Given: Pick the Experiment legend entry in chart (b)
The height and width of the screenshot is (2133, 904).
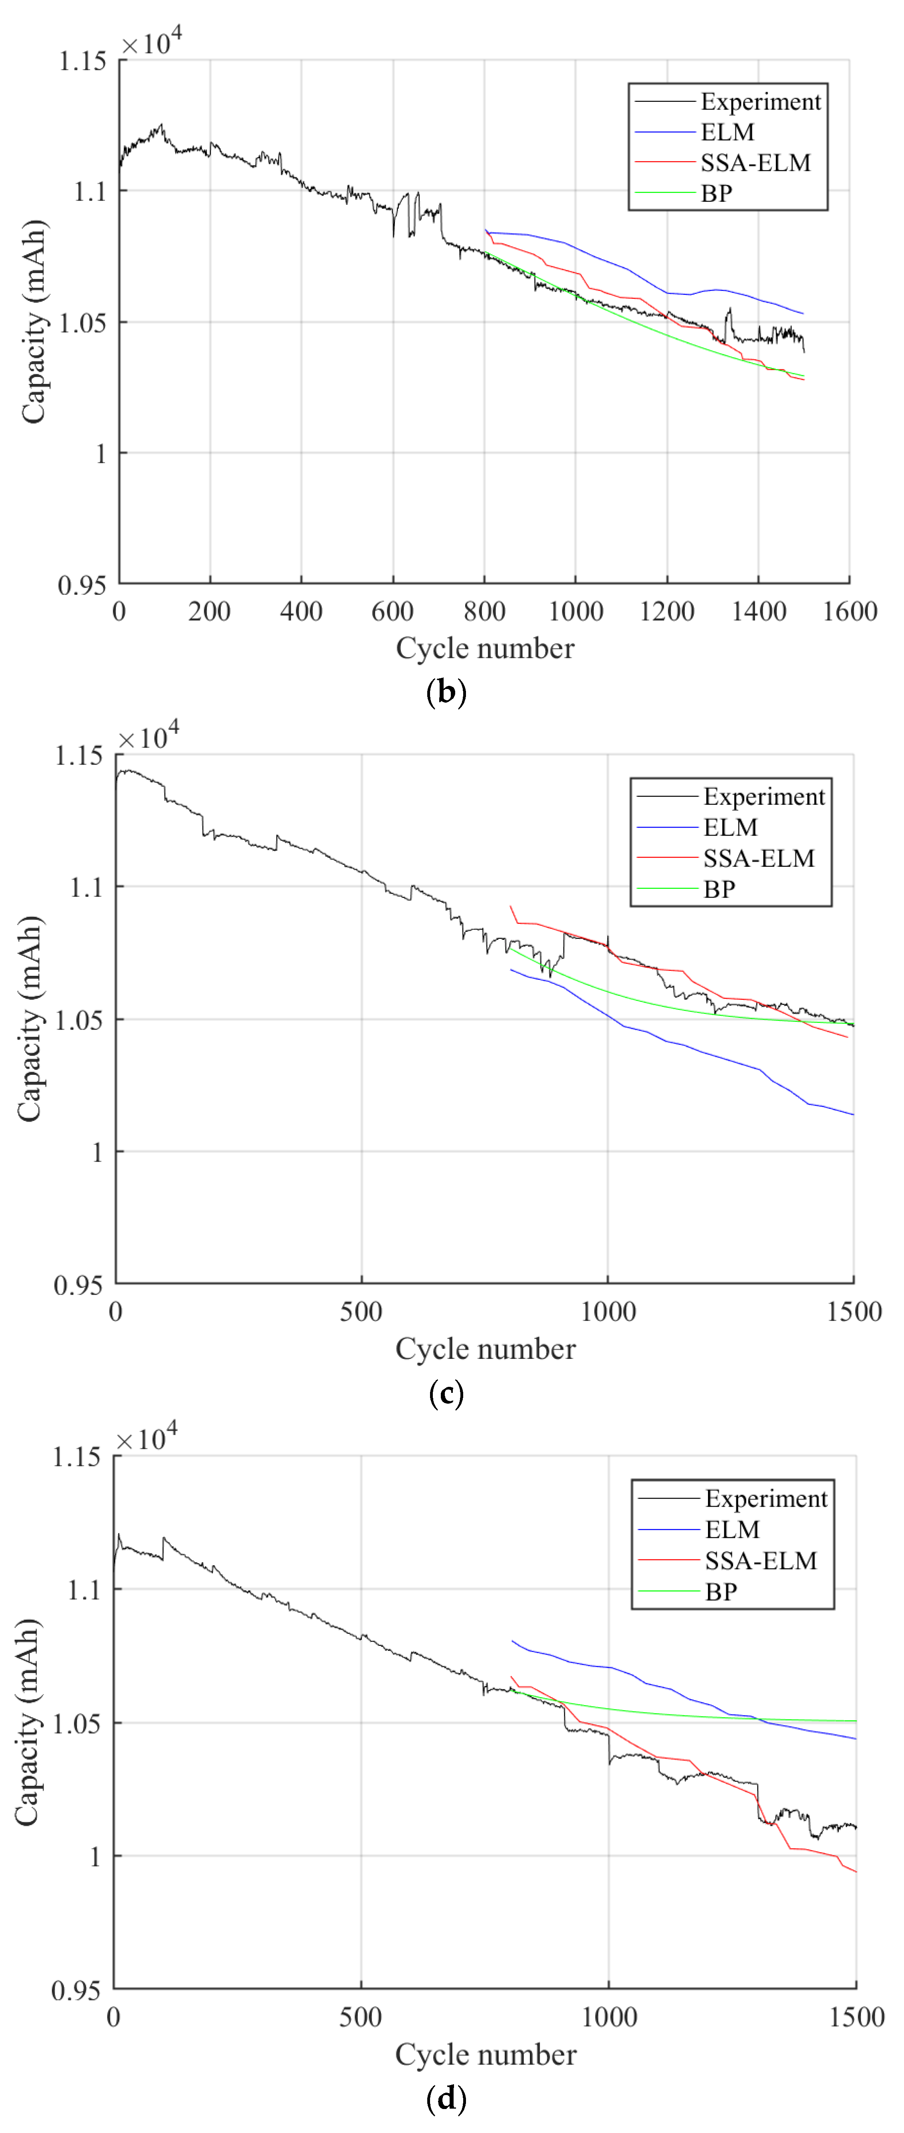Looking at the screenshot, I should click(760, 102).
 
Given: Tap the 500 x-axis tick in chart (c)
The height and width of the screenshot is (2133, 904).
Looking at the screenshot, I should click(361, 1312).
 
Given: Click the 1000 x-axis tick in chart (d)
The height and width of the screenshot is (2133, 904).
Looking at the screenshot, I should click(609, 2017).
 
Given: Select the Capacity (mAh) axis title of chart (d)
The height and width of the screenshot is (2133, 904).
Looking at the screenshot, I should click(27, 1722).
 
